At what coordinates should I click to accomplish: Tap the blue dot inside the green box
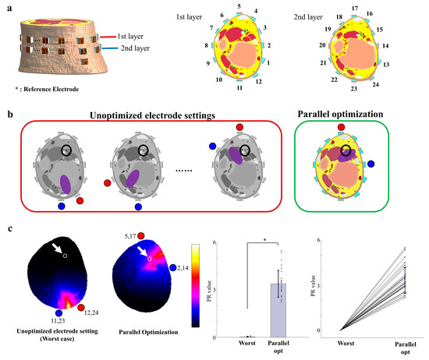click(x=372, y=164)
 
